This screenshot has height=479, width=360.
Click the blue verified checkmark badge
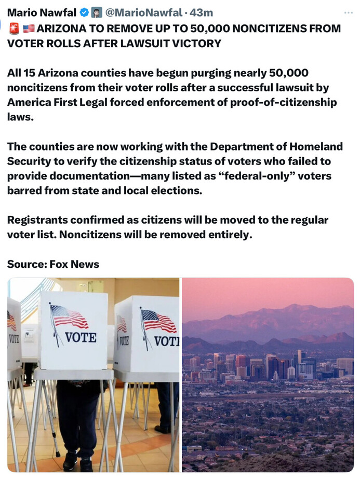click(x=84, y=12)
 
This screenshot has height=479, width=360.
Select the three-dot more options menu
click(x=348, y=12)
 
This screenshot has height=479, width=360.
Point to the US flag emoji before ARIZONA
click(x=29, y=28)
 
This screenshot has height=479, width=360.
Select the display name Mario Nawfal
click(x=41, y=12)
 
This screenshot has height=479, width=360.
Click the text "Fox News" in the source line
click(x=74, y=264)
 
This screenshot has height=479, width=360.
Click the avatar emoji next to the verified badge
click(x=96, y=12)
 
